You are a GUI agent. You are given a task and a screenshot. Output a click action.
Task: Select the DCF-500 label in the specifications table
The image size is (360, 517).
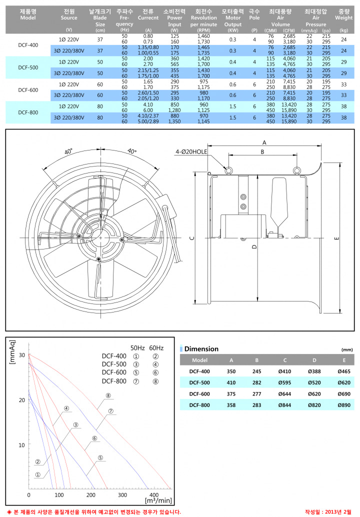point(28,67)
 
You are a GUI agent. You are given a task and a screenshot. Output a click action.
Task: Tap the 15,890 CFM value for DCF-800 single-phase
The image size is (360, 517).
point(289,110)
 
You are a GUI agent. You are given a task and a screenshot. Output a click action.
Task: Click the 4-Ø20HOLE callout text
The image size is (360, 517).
point(191,151)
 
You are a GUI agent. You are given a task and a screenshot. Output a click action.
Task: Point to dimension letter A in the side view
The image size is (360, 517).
point(264,142)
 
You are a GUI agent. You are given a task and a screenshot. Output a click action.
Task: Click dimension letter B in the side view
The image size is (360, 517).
point(262,152)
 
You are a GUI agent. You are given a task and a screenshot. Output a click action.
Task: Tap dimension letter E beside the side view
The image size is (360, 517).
point(336,238)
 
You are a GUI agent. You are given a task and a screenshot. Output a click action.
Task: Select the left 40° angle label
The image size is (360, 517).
point(68,151)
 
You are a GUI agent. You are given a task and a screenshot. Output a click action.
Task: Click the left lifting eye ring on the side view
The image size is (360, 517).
point(228,170)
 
